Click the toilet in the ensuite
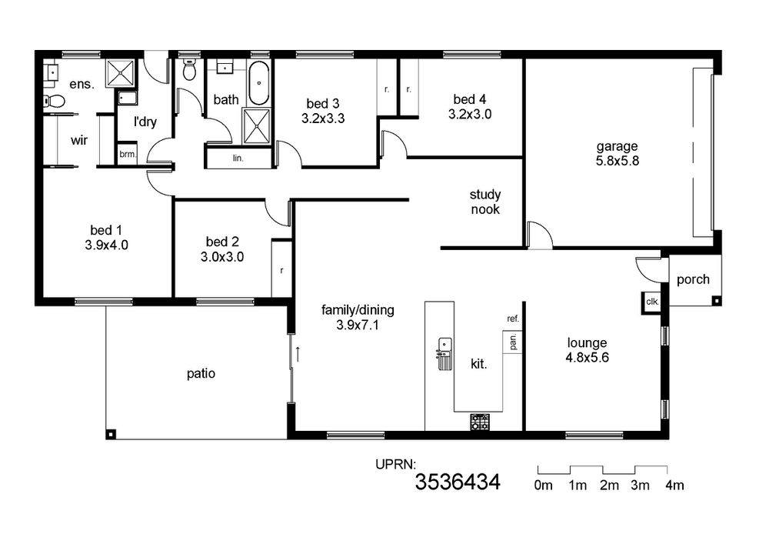54,101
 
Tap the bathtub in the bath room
258,83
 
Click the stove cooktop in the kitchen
480,422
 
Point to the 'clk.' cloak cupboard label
652,302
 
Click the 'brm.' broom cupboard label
128,155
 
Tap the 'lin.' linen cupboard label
238,159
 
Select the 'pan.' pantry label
514,342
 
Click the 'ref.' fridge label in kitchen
513,319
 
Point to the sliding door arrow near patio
297,352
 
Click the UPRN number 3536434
458,482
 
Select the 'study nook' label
485,202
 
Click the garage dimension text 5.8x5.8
618,161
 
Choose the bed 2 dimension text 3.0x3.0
222,256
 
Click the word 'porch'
693,279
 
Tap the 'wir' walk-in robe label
79,141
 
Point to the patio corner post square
112,434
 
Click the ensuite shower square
121,74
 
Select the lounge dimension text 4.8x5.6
587,358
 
